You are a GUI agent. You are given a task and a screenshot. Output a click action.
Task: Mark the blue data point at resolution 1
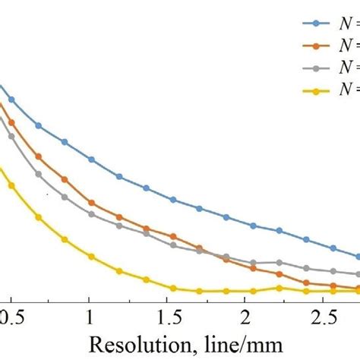click(x=91, y=159)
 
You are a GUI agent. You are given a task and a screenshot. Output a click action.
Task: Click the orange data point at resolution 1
click(x=91, y=203)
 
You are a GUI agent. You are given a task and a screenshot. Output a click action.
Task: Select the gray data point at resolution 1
click(x=91, y=214)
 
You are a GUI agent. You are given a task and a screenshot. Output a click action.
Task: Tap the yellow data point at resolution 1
click(x=91, y=257)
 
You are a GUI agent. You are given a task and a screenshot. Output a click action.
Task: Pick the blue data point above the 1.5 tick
click(x=173, y=200)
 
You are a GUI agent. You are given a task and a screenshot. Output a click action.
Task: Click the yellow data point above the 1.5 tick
click(x=173, y=288)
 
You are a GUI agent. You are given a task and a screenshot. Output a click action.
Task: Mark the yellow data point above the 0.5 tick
click(x=11, y=185)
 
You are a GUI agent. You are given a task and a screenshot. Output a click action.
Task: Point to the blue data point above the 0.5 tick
click(x=11, y=99)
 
